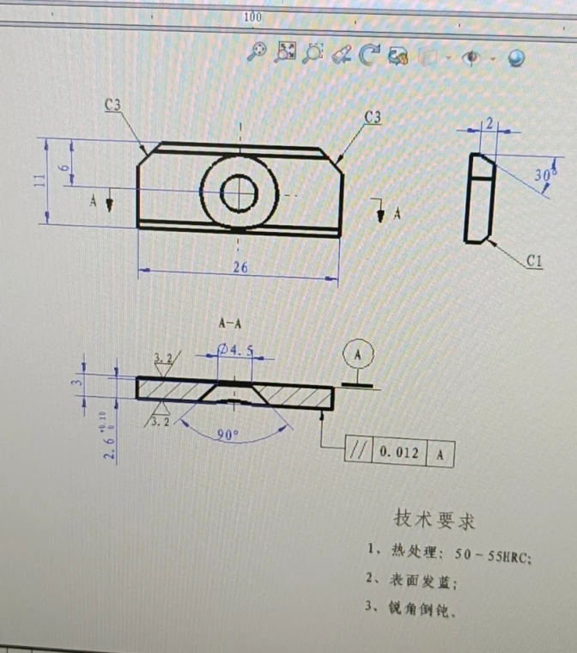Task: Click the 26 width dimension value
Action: point(240,268)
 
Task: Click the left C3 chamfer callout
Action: point(112,105)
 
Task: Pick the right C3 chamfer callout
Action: point(373,117)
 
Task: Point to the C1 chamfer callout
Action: point(534,262)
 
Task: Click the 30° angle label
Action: point(543,175)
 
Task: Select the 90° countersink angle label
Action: point(227,436)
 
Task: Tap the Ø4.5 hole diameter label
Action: point(236,350)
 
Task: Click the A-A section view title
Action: point(230,324)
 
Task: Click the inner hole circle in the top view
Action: point(239,192)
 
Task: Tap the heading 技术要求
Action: point(434,519)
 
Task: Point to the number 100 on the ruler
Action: point(252,16)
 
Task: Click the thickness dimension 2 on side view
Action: point(489,123)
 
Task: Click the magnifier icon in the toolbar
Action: point(256,53)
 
